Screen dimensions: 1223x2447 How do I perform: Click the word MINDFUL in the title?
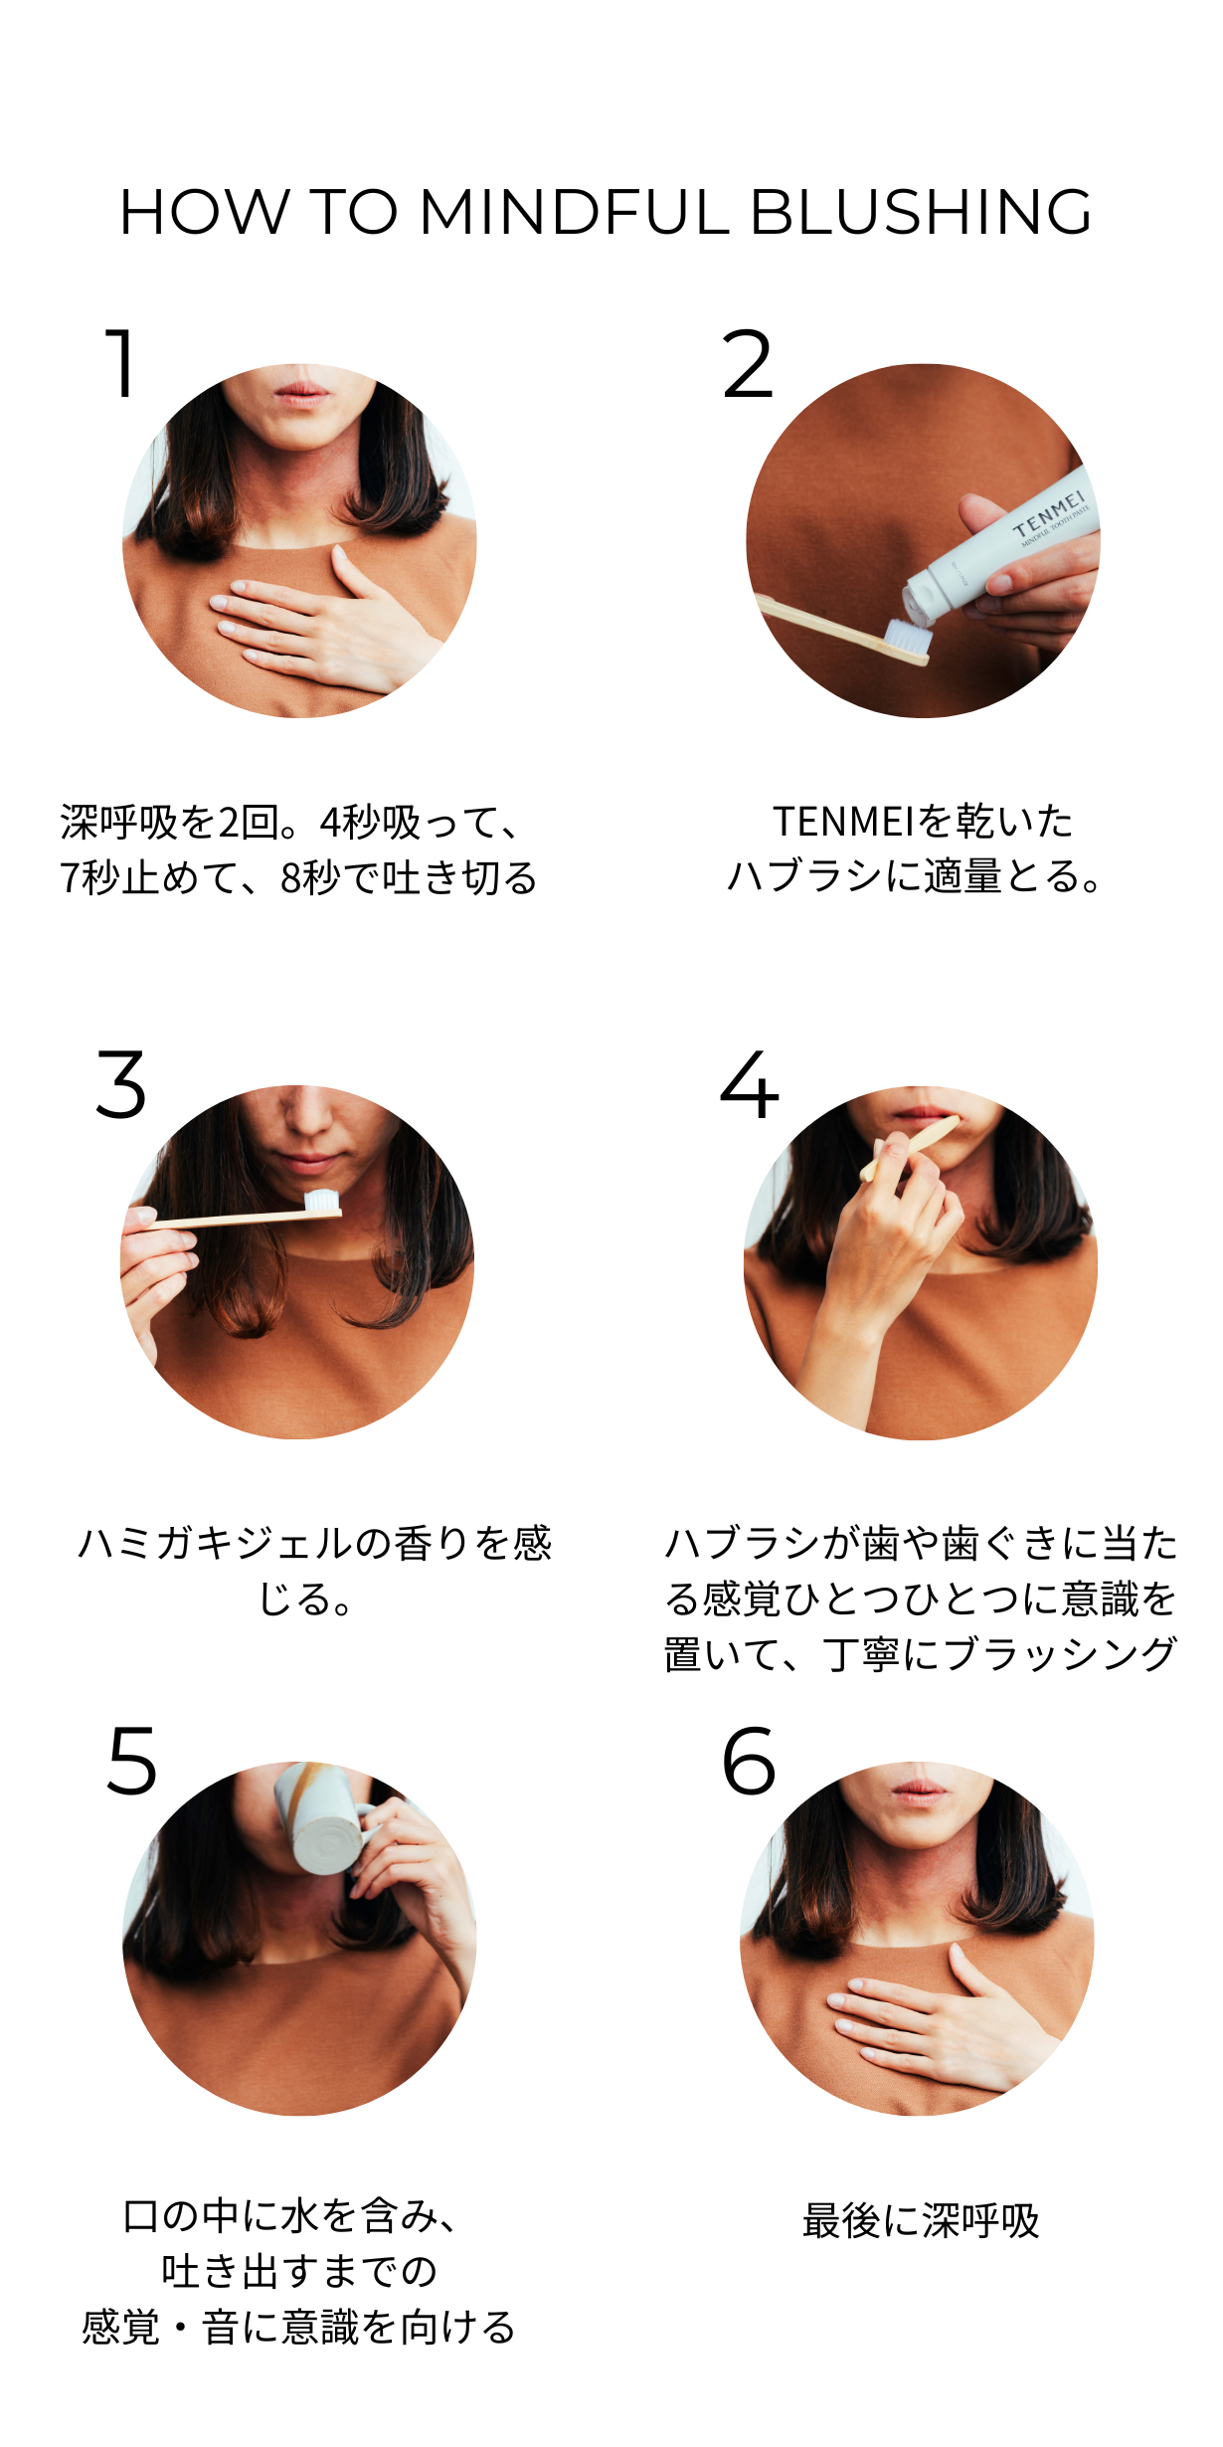click(575, 212)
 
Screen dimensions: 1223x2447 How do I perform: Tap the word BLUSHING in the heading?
click(921, 212)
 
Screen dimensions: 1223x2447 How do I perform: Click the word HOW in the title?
click(204, 212)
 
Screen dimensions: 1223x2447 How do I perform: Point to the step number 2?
click(748, 364)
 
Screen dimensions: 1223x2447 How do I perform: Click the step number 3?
click(121, 1084)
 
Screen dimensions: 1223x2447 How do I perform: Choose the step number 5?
click(132, 1761)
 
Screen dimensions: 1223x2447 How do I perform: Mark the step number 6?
click(749, 1761)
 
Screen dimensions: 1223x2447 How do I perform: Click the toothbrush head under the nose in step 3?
click(321, 1202)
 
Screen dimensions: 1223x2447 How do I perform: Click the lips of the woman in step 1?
click(301, 393)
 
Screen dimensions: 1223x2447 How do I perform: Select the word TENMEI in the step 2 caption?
click(843, 823)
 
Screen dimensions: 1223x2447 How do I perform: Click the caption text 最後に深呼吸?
click(921, 2220)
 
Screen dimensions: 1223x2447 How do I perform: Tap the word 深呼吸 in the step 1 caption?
click(118, 823)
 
